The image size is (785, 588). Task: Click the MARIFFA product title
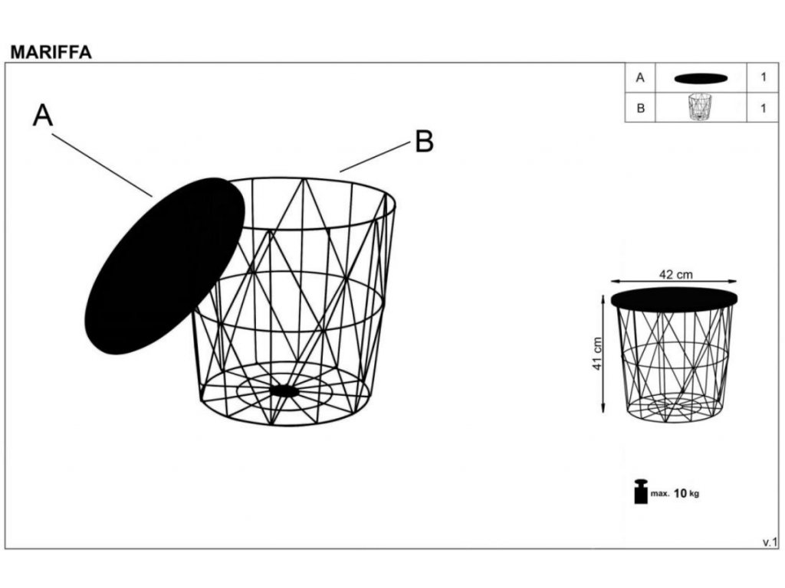[x=51, y=52]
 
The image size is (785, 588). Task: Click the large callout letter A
[x=43, y=116]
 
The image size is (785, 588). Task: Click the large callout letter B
[x=424, y=142]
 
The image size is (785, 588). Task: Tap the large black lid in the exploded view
[x=165, y=266]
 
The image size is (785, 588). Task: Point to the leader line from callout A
[x=102, y=165]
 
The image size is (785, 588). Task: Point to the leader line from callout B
[x=375, y=157]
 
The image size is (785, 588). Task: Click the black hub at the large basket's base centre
[x=285, y=390]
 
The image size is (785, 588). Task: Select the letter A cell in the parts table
[x=640, y=78]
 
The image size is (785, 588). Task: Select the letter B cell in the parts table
[x=640, y=108]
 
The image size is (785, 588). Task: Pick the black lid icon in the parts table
[x=701, y=79]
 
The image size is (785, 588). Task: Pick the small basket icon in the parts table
[x=700, y=106]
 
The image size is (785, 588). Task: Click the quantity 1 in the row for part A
[x=763, y=77]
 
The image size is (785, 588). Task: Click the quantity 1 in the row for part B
[x=763, y=108]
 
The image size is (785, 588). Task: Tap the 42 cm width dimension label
[x=676, y=275]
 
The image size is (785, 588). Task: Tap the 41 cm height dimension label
[x=596, y=354]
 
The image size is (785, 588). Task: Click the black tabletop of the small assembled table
[x=675, y=298]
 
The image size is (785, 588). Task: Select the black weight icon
[x=641, y=492]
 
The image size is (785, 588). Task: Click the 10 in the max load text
[x=681, y=494]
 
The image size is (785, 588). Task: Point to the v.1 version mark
[x=770, y=542]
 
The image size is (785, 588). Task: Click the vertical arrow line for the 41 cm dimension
[x=603, y=354]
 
